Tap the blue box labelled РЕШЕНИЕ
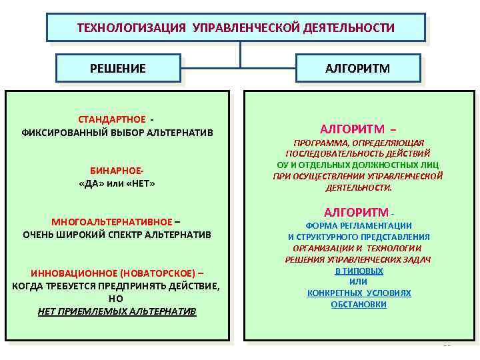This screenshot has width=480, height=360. click(x=118, y=68)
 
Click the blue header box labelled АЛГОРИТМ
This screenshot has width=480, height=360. click(x=358, y=68)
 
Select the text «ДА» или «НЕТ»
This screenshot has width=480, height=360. click(x=117, y=183)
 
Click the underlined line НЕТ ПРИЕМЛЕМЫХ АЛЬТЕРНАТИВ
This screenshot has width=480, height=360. click(x=117, y=311)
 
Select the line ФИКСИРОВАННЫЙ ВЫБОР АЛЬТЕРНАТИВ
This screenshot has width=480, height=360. click(x=117, y=132)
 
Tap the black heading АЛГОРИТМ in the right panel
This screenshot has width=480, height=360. click(x=356, y=213)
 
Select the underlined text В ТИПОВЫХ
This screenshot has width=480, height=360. click(x=359, y=271)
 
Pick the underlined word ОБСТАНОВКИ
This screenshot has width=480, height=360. click(x=359, y=305)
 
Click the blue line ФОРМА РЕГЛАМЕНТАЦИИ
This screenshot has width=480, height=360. click(x=359, y=226)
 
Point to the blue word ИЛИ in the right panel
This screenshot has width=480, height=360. click(x=359, y=282)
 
